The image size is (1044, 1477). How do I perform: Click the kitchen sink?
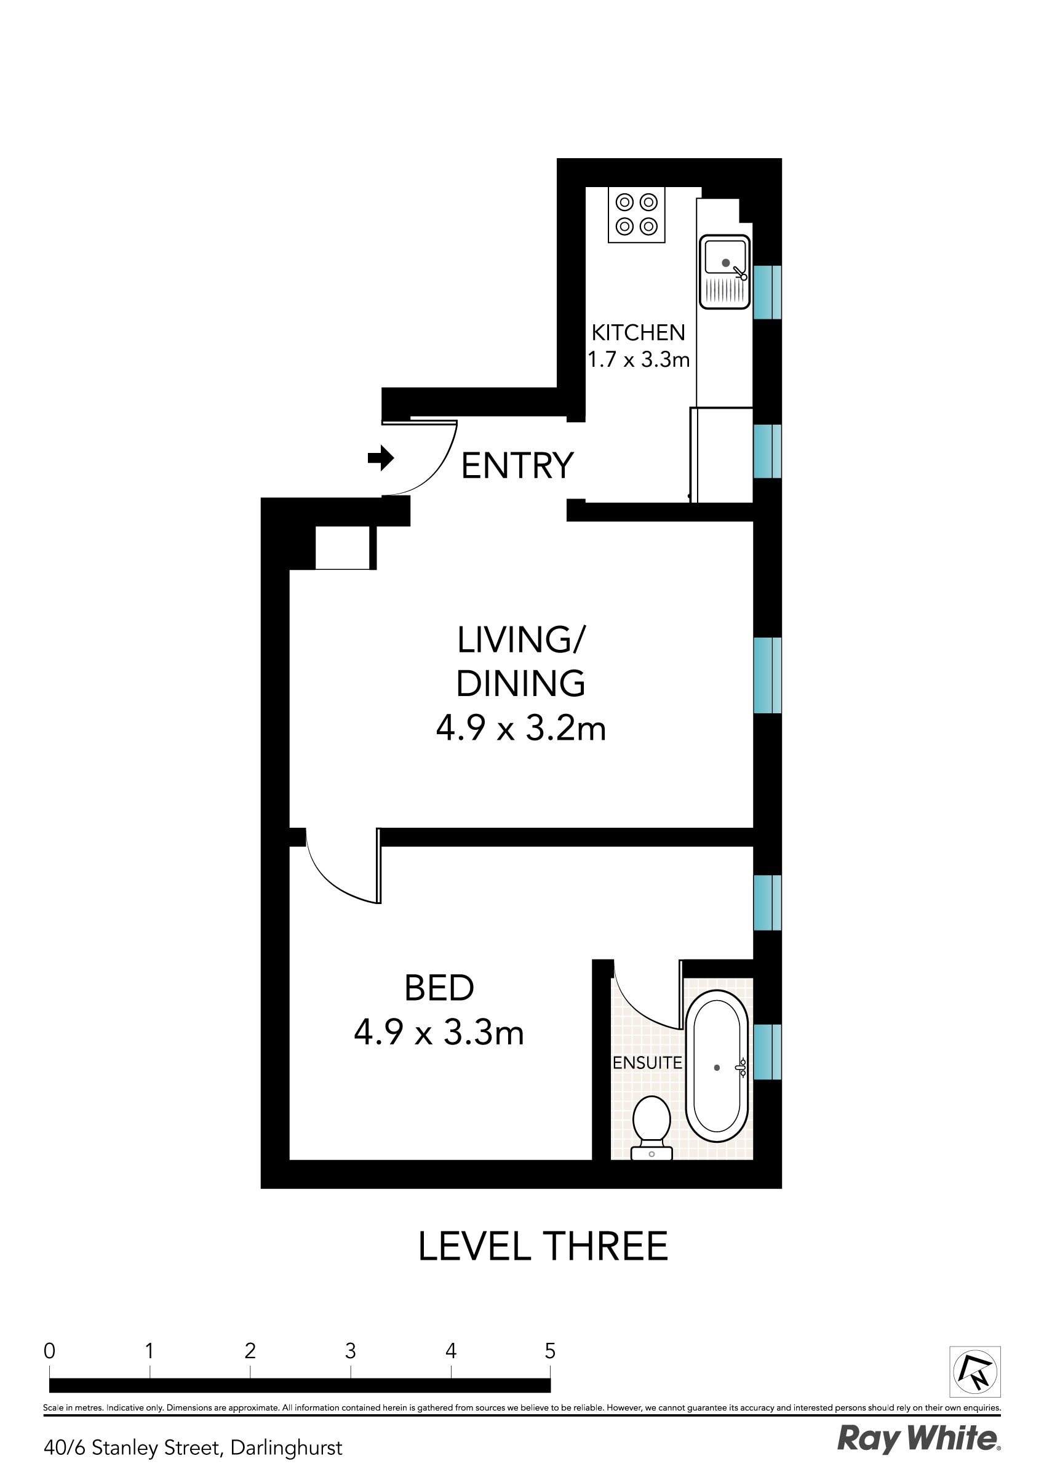click(725, 271)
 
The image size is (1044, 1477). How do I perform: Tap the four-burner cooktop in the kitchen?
click(636, 215)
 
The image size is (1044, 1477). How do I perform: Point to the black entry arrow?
click(380, 458)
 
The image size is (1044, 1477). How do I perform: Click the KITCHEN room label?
click(638, 332)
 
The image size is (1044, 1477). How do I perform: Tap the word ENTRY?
click(517, 466)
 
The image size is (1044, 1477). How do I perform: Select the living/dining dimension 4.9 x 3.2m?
click(521, 729)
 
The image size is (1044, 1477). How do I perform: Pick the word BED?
click(439, 988)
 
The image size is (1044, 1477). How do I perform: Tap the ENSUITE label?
click(647, 1063)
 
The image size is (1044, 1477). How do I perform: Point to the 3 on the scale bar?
click(350, 1351)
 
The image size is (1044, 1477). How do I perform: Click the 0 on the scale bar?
click(50, 1351)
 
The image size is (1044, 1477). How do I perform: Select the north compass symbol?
click(975, 1371)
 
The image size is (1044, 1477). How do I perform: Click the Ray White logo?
click(918, 1438)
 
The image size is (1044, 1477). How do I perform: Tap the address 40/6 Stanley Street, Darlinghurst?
click(193, 1447)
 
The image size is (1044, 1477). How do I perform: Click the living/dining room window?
click(767, 675)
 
